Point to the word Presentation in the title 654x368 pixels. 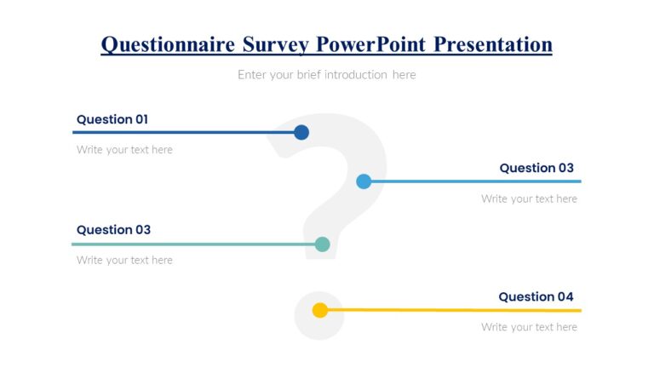493,44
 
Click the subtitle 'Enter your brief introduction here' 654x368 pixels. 327,75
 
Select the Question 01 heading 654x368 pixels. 112,119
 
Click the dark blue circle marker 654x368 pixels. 301,132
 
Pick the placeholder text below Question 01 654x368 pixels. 124,150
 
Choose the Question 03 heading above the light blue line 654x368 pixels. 536,168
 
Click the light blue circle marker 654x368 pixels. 364,181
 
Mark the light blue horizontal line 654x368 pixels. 477,181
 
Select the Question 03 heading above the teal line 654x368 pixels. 113,230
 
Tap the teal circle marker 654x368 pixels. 322,244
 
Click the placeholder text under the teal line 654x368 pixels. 124,261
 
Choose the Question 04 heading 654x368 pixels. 536,296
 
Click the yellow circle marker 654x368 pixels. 320,310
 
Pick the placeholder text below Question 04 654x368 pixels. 529,327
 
